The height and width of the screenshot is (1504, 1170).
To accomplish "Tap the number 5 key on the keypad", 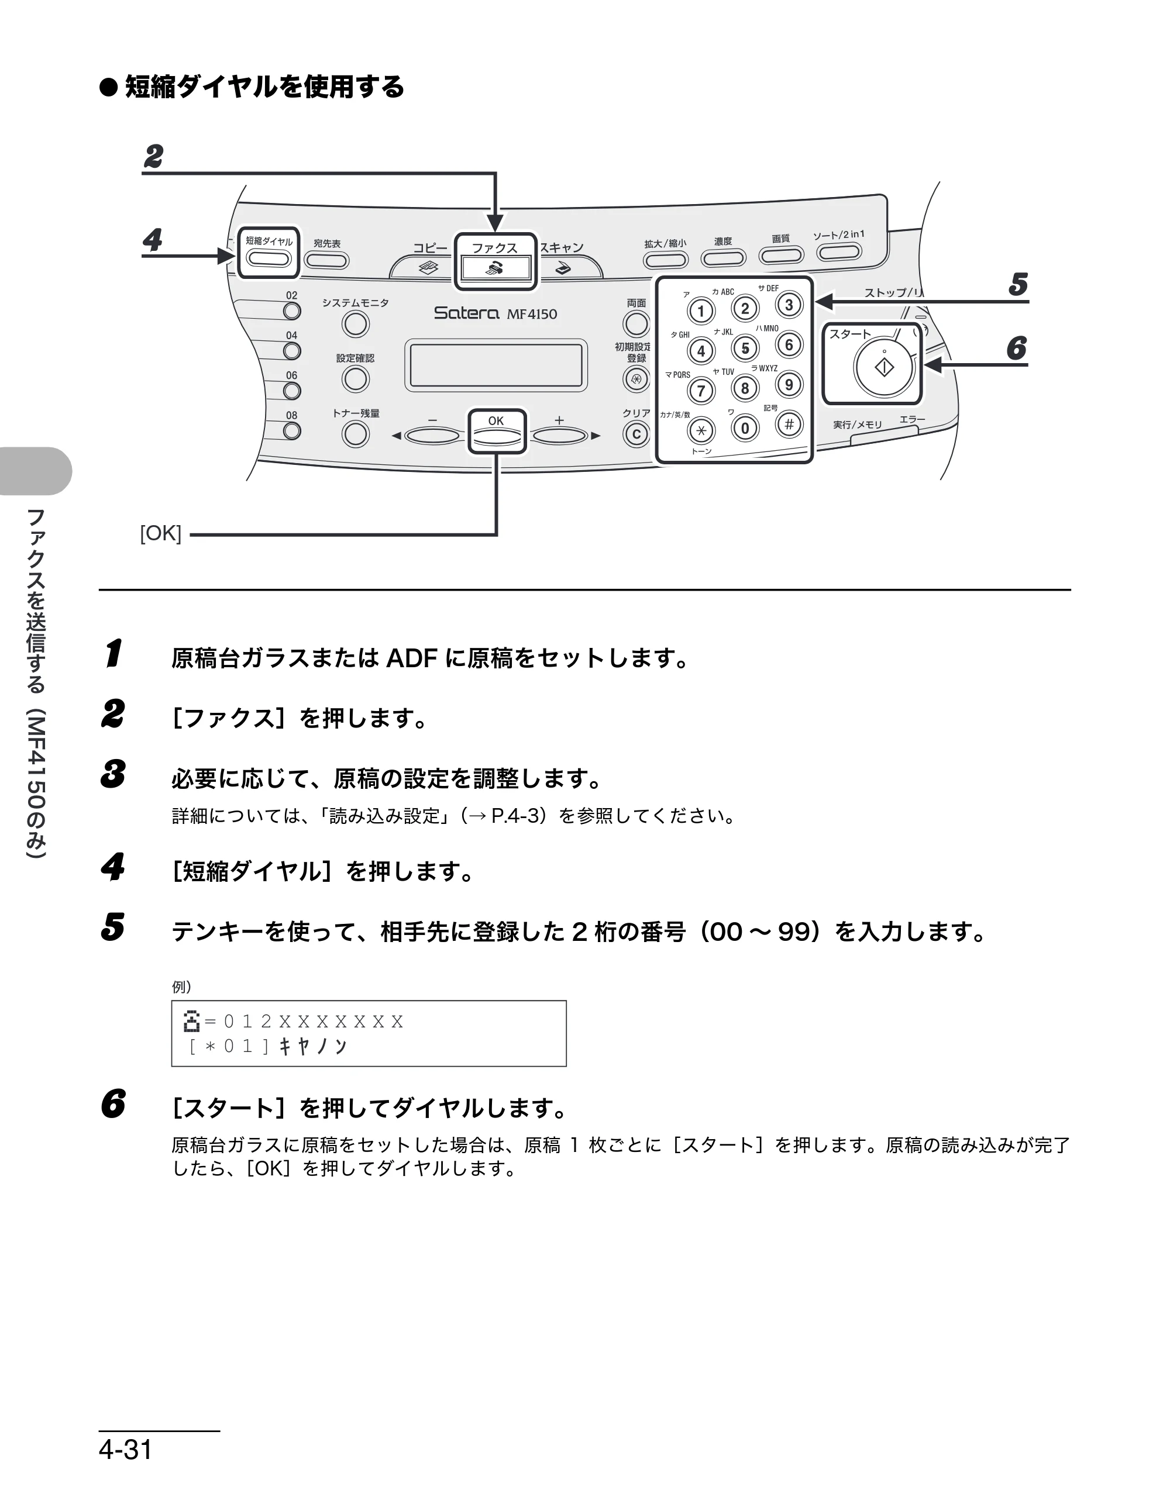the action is [x=745, y=349].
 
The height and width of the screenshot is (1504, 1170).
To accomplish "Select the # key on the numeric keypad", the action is [x=789, y=424].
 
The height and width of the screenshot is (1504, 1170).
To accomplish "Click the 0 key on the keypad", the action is [x=745, y=429].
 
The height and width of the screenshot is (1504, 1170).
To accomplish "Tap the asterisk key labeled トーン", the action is [x=701, y=431].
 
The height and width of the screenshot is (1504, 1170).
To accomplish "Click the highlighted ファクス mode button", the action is [x=495, y=267].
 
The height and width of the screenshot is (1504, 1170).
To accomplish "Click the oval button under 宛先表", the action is [x=326, y=260].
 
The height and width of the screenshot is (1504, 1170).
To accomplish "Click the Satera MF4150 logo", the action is [x=495, y=313].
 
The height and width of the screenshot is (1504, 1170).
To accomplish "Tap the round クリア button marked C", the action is [x=636, y=434].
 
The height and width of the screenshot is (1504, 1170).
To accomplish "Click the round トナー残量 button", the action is [x=356, y=434].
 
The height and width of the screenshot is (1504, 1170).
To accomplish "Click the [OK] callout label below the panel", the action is [x=160, y=534].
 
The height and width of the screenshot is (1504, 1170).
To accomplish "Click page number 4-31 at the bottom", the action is [x=125, y=1450].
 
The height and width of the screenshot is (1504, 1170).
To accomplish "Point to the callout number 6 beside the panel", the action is [x=1016, y=348].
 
